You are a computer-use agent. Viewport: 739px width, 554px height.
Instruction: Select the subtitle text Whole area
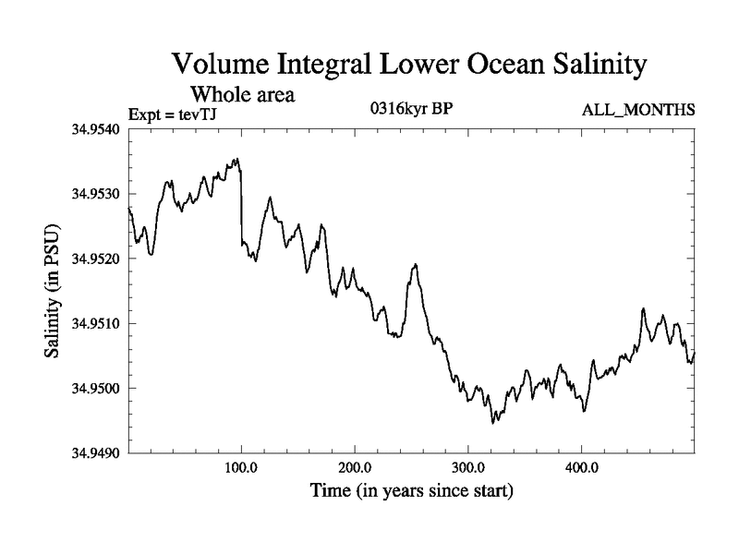click(242, 94)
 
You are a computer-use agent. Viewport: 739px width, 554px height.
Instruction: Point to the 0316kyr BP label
click(410, 109)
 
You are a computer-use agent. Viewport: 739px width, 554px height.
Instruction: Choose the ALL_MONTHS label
click(638, 111)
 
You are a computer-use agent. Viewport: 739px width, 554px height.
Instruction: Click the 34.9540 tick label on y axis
click(96, 129)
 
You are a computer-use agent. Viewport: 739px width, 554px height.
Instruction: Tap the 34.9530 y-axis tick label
click(96, 194)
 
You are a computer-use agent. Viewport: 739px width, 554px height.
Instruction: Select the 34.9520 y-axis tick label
click(96, 259)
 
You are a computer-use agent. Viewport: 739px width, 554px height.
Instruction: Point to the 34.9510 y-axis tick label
click(96, 323)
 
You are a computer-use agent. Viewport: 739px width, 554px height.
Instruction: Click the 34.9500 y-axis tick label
click(96, 388)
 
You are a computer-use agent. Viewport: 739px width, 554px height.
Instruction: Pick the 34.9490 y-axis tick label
click(96, 452)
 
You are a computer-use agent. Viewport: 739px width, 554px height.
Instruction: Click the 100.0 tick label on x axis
click(241, 466)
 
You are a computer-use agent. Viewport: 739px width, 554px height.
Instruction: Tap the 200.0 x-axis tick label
click(355, 466)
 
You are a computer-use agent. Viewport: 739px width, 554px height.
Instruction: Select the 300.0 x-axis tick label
click(468, 466)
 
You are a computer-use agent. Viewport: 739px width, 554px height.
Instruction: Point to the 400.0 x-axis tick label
click(581, 466)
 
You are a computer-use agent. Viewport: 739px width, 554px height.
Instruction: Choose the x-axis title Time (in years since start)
click(410, 490)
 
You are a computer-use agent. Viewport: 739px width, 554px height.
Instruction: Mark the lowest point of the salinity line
click(493, 423)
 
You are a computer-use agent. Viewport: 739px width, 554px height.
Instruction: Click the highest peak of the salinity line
click(237, 159)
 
